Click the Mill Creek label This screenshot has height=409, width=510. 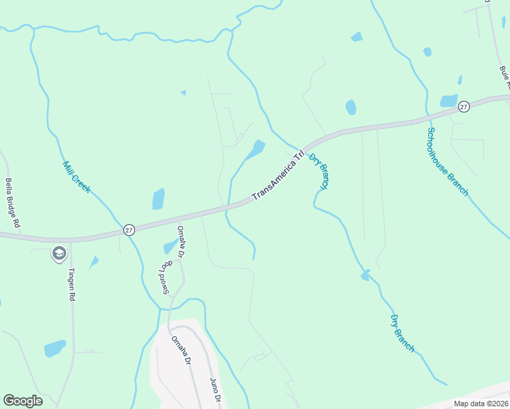(77, 177)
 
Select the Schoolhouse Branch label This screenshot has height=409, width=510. (448, 162)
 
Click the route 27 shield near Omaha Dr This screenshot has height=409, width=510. (129, 230)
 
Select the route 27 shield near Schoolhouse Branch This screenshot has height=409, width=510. (464, 106)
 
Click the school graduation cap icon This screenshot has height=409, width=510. (59, 254)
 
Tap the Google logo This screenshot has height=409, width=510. (22, 401)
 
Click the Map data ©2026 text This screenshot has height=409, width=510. (481, 404)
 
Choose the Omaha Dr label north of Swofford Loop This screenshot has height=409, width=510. (181, 242)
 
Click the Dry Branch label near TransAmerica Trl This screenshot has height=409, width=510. (319, 171)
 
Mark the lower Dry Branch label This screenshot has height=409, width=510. (402, 333)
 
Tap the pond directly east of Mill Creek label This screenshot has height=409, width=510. (158, 198)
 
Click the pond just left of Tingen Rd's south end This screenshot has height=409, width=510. (55, 348)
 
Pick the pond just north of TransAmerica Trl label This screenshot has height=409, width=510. (256, 149)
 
